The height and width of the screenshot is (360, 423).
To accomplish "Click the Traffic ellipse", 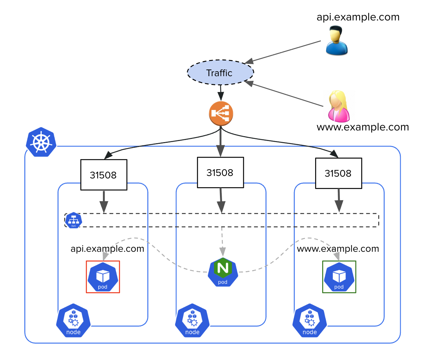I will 220,73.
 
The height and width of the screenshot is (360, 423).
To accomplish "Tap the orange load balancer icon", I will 221,114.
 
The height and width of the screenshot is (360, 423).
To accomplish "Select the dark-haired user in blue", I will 337,41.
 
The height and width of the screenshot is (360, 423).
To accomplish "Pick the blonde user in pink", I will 339,106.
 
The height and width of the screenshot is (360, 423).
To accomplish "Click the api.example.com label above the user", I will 358,17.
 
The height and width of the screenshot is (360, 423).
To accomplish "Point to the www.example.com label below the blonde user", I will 363,127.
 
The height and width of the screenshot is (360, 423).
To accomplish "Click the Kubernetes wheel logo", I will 41,142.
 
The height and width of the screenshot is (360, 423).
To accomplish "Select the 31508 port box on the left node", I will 104,175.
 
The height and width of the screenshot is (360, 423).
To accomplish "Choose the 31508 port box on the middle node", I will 220,172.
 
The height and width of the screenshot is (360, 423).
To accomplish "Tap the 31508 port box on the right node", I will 338,173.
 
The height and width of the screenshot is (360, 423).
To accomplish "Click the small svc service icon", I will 74,220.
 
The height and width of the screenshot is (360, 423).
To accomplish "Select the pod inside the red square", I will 103,277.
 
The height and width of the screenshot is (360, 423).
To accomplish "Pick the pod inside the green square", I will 339,277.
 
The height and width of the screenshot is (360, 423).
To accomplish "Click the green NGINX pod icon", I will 223,272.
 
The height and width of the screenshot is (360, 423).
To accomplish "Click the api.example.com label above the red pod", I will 107,249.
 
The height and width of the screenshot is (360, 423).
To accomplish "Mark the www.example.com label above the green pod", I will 338,249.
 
